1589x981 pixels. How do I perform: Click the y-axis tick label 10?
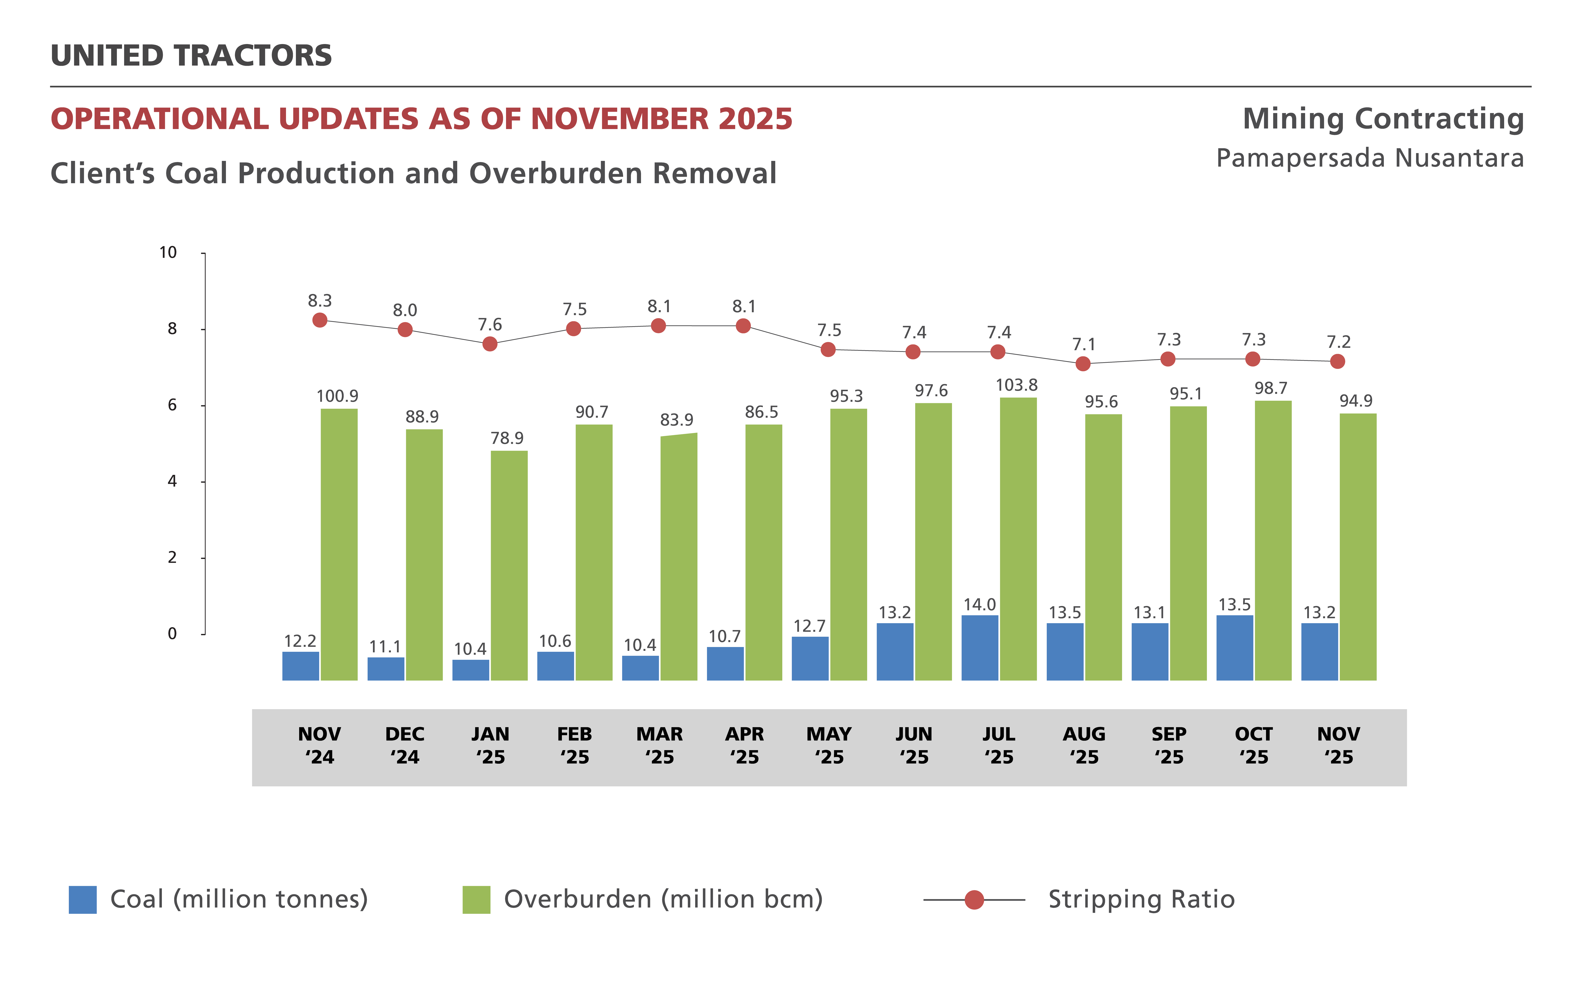click(x=168, y=252)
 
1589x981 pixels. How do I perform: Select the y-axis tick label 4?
click(x=172, y=481)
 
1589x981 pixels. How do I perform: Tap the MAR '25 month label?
click(x=659, y=746)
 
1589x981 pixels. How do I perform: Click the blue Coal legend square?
click(x=82, y=899)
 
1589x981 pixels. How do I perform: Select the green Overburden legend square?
click(x=476, y=899)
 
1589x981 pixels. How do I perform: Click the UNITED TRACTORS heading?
click(x=191, y=56)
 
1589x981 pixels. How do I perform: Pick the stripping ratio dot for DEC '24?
click(x=405, y=330)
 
